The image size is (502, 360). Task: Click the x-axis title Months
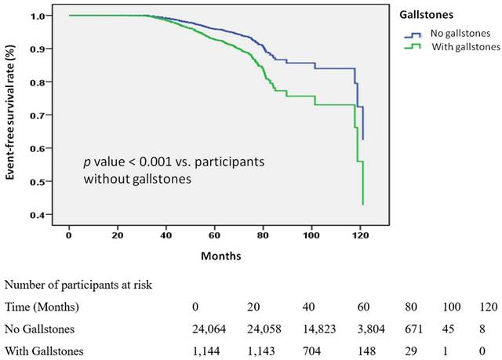[x=221, y=256]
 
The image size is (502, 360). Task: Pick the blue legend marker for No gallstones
[x=411, y=35]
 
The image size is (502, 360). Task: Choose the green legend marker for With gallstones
[x=411, y=48]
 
